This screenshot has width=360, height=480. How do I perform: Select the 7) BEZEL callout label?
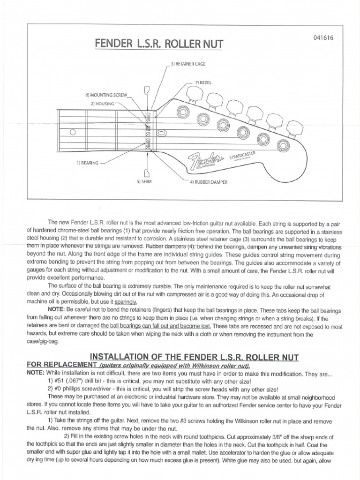click(x=203, y=82)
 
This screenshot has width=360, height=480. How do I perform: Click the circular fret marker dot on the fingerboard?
click(x=73, y=133)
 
